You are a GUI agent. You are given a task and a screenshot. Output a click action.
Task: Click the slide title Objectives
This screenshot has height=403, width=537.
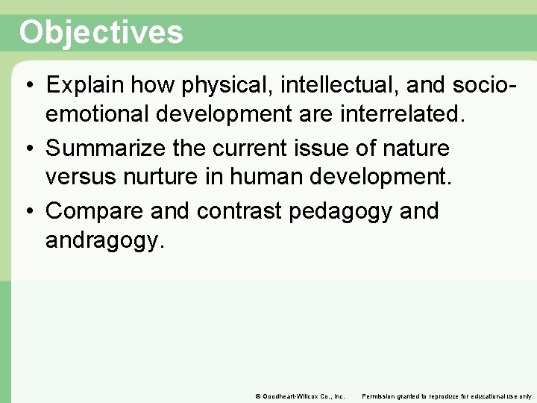[x=101, y=33]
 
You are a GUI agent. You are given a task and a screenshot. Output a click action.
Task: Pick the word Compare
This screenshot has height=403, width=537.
[x=95, y=211]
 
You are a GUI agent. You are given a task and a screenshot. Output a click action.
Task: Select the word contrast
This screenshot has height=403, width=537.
[x=239, y=211]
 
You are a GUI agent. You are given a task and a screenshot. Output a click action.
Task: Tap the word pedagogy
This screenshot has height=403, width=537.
[x=339, y=211]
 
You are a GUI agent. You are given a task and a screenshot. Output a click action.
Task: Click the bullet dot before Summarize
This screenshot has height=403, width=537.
[x=28, y=149]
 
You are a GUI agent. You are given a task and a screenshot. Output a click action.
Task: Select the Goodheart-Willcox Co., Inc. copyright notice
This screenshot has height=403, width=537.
[x=300, y=396]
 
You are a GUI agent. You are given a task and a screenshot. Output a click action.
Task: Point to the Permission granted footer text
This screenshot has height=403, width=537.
[x=447, y=396]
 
